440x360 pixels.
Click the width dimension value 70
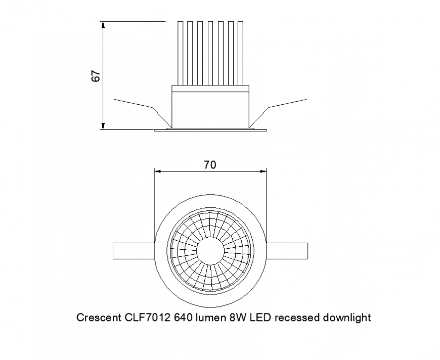click(x=210, y=164)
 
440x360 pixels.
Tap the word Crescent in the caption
click(x=98, y=318)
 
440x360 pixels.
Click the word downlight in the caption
click(x=345, y=318)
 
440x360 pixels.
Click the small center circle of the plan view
click(x=210, y=251)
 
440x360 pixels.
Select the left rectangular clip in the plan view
click(x=133, y=251)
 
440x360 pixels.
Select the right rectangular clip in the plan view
click(x=287, y=251)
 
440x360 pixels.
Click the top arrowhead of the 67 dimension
click(x=103, y=25)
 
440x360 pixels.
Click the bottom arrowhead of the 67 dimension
click(x=103, y=126)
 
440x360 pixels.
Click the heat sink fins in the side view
click(x=210, y=53)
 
